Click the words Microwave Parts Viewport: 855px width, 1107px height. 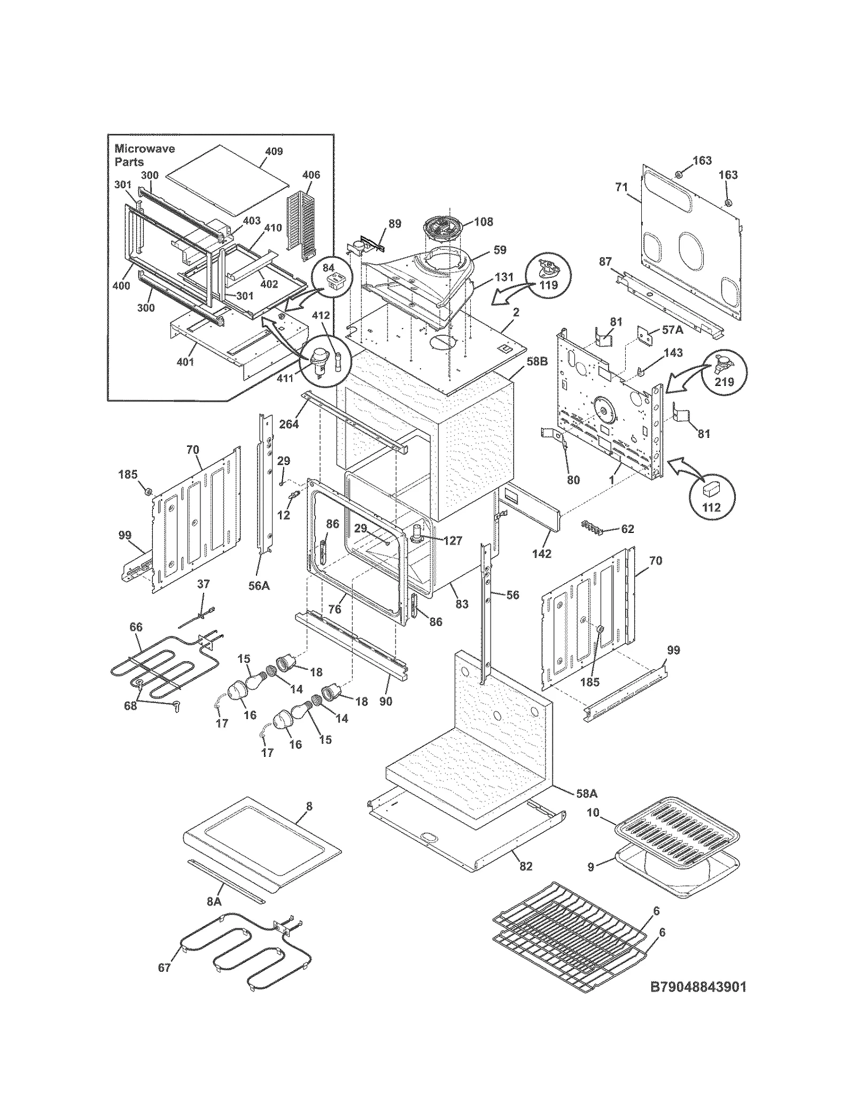144,155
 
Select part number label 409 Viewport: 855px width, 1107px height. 274,152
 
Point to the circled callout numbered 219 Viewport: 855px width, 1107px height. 724,372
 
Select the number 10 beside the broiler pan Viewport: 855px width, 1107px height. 593,812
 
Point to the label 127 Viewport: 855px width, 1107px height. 452,540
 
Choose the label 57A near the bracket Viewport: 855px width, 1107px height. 672,330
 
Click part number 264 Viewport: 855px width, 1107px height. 289,424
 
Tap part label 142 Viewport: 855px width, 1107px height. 541,554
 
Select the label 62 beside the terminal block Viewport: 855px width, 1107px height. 627,529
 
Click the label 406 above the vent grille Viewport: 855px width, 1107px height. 311,175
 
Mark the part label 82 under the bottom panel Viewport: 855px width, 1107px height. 526,865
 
